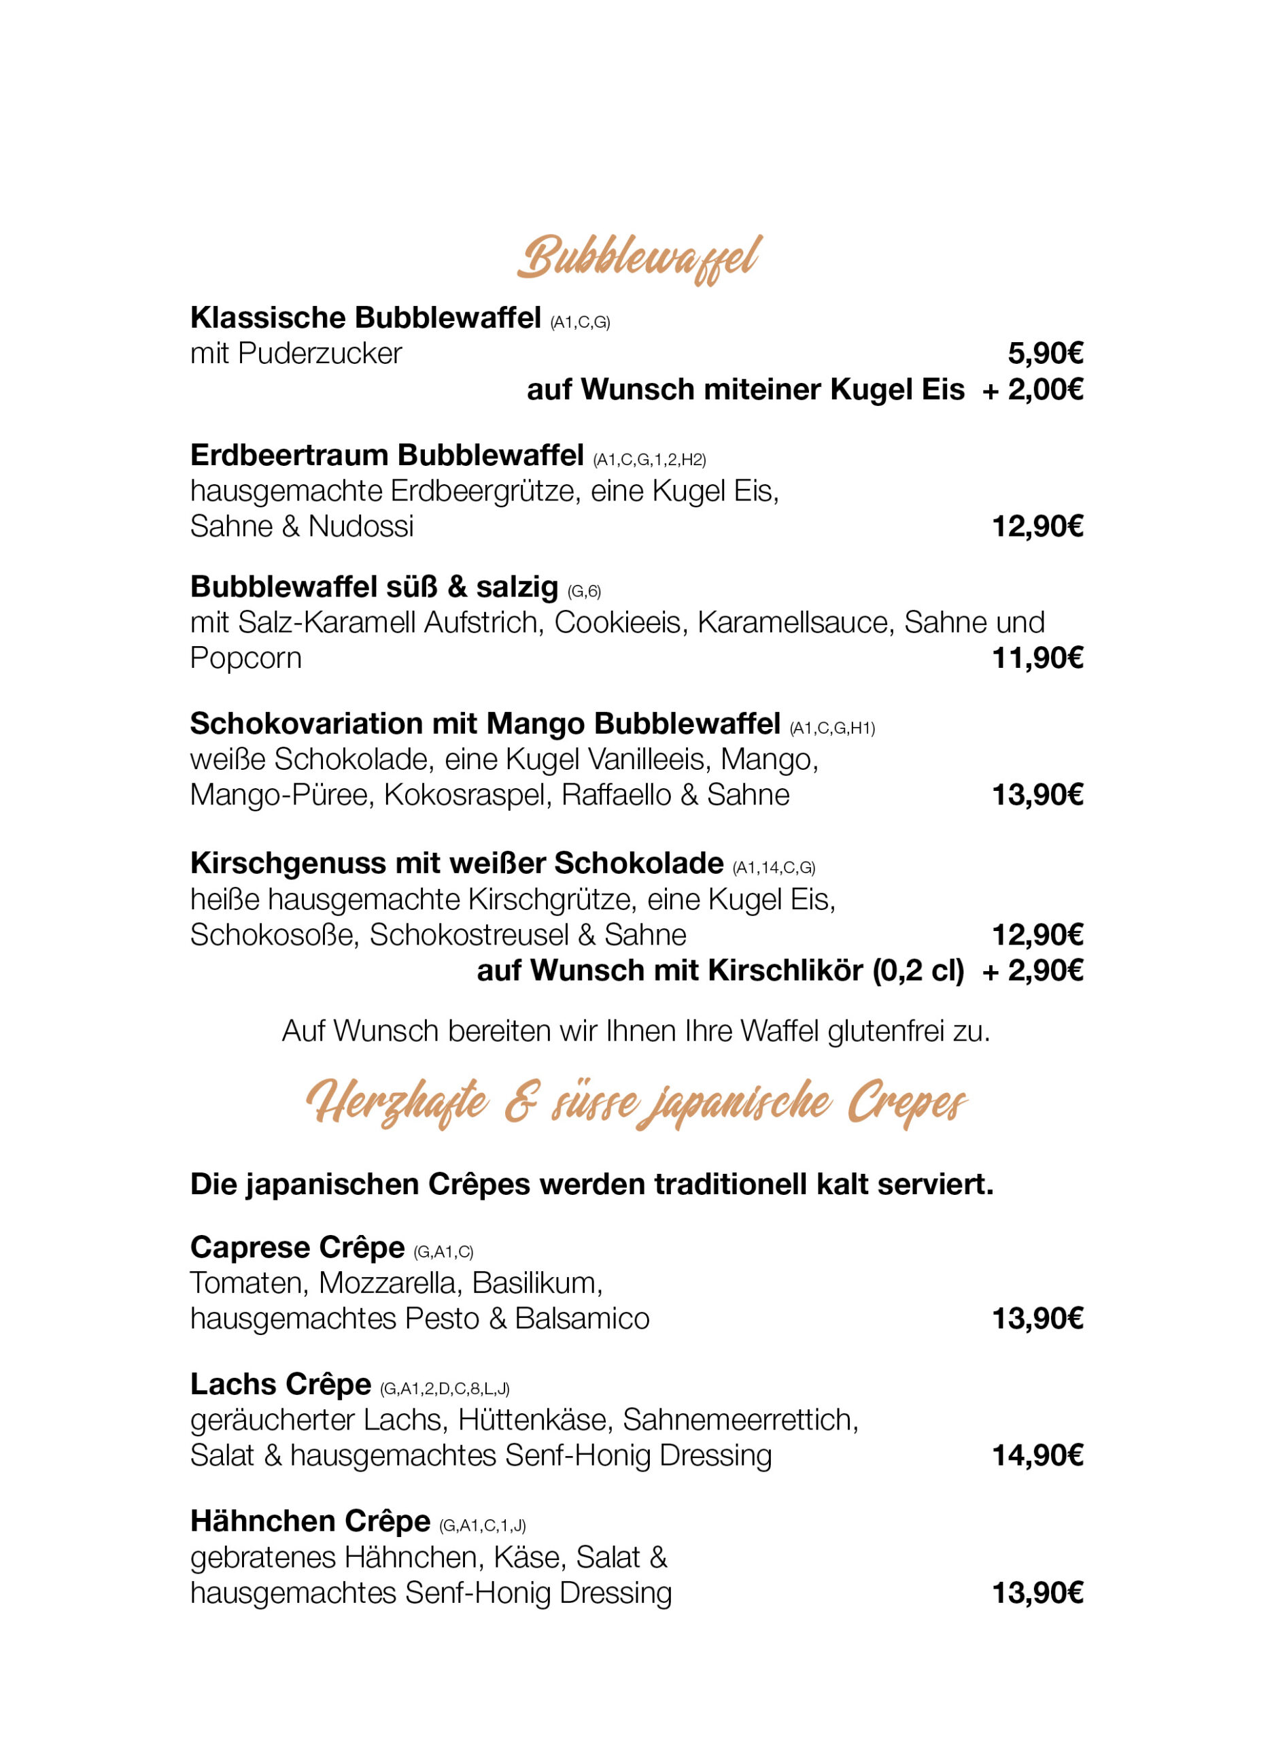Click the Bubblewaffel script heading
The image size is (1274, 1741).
click(639, 258)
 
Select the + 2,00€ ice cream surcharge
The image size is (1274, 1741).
click(1032, 390)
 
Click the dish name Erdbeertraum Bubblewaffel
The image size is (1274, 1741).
click(386, 455)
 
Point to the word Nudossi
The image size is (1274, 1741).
click(361, 526)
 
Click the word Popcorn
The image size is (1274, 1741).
click(245, 658)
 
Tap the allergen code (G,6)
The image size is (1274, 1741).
click(584, 592)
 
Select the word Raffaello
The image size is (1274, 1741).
click(616, 794)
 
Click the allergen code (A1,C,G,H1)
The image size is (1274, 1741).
click(832, 728)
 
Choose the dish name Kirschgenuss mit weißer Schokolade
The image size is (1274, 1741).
click(457, 863)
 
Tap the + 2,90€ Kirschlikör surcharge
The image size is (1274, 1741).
click(1032, 970)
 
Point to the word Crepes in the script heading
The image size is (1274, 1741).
click(907, 1103)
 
